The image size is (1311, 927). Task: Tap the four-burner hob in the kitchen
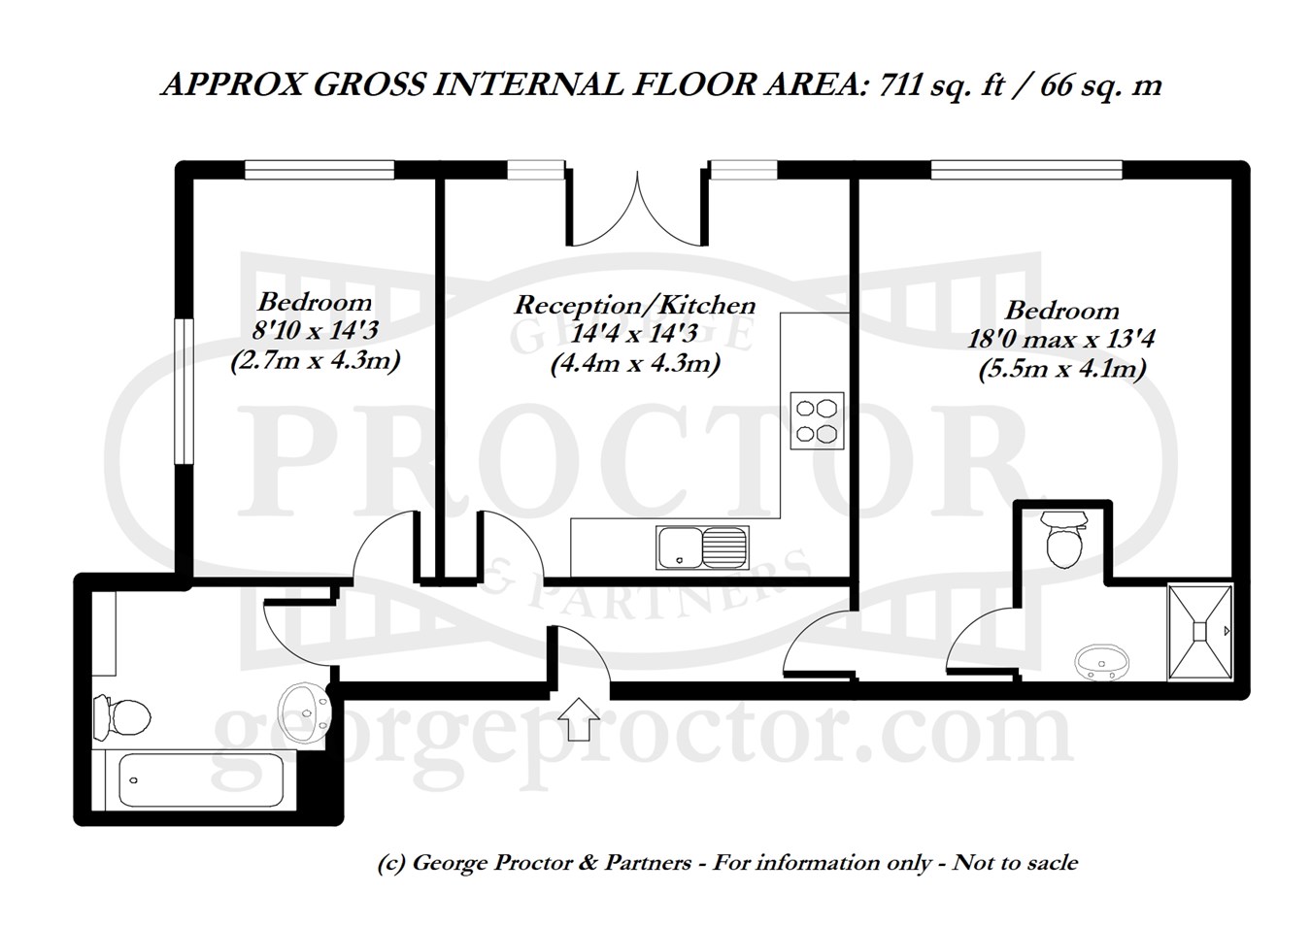click(x=817, y=420)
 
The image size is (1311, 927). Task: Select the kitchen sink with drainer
click(x=702, y=547)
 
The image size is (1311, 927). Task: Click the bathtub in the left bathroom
click(x=201, y=779)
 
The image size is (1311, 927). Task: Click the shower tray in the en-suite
click(x=1199, y=632)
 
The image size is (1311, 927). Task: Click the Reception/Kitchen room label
click(x=635, y=305)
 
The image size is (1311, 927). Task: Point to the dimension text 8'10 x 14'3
click(x=315, y=331)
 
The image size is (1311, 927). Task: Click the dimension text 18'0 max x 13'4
click(x=1060, y=339)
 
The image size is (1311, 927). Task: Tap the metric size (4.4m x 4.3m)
click(x=635, y=364)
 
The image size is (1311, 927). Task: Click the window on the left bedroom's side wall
click(x=185, y=391)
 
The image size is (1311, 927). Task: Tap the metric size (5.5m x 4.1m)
click(x=1062, y=370)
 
